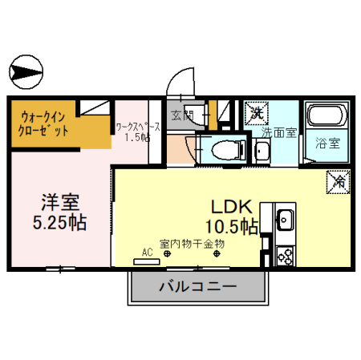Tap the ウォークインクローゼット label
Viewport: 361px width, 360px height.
(44, 123)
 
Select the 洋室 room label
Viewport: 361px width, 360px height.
(60, 199)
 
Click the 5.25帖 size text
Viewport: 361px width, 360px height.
(60, 219)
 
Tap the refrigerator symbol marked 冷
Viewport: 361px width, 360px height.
(337, 182)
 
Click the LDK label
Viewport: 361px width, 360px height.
(232, 204)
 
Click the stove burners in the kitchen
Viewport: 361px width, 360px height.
(285, 256)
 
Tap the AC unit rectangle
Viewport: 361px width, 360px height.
(147, 261)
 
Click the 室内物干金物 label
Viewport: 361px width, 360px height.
(191, 243)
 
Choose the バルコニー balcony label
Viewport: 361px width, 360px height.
(197, 286)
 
